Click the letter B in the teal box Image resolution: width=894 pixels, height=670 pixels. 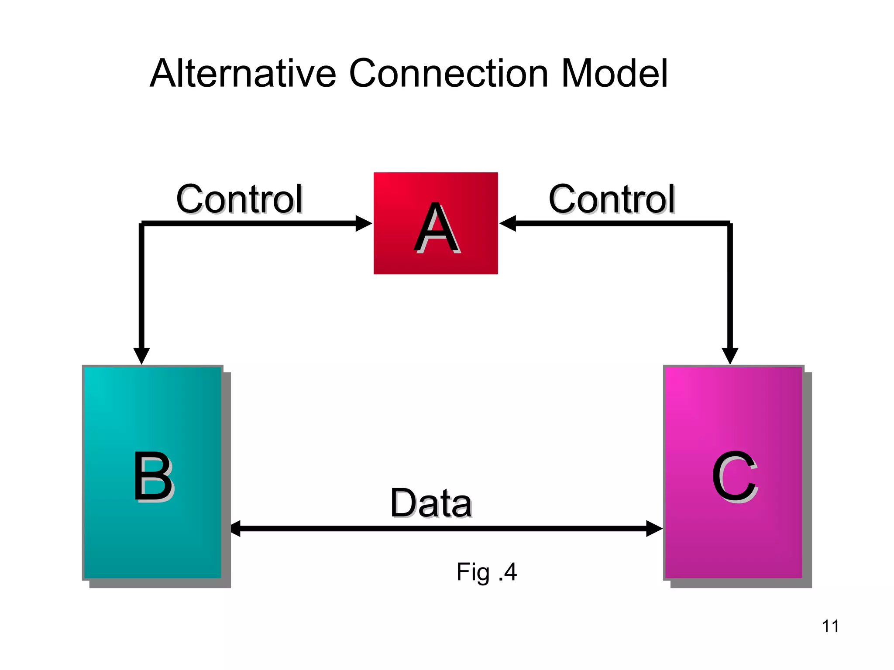pyautogui.click(x=153, y=476)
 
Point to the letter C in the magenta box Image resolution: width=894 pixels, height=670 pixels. pyautogui.click(x=734, y=476)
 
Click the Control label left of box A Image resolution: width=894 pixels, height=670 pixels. pyautogui.click(x=239, y=199)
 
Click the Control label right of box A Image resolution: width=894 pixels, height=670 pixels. pyautogui.click(x=612, y=199)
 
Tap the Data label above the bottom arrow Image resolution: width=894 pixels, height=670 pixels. pyautogui.click(x=431, y=503)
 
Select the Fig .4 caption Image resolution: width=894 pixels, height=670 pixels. pyautogui.click(x=486, y=572)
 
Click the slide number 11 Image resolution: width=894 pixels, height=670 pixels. pyautogui.click(x=830, y=626)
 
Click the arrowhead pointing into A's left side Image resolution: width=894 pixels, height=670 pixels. pyautogui.click(x=364, y=223)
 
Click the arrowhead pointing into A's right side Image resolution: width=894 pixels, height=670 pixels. pyautogui.click(x=508, y=223)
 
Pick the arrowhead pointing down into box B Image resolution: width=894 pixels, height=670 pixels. pyautogui.click(x=141, y=355)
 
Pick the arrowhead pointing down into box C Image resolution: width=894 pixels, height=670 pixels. pyautogui.click(x=730, y=355)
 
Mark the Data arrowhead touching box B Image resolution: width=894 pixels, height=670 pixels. pyautogui.click(x=236, y=528)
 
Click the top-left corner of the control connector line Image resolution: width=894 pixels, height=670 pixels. pyautogui.click(x=142, y=224)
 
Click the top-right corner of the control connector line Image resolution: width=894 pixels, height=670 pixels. pyautogui.click(x=729, y=224)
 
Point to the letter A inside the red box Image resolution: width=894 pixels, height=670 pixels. pyautogui.click(x=436, y=228)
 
